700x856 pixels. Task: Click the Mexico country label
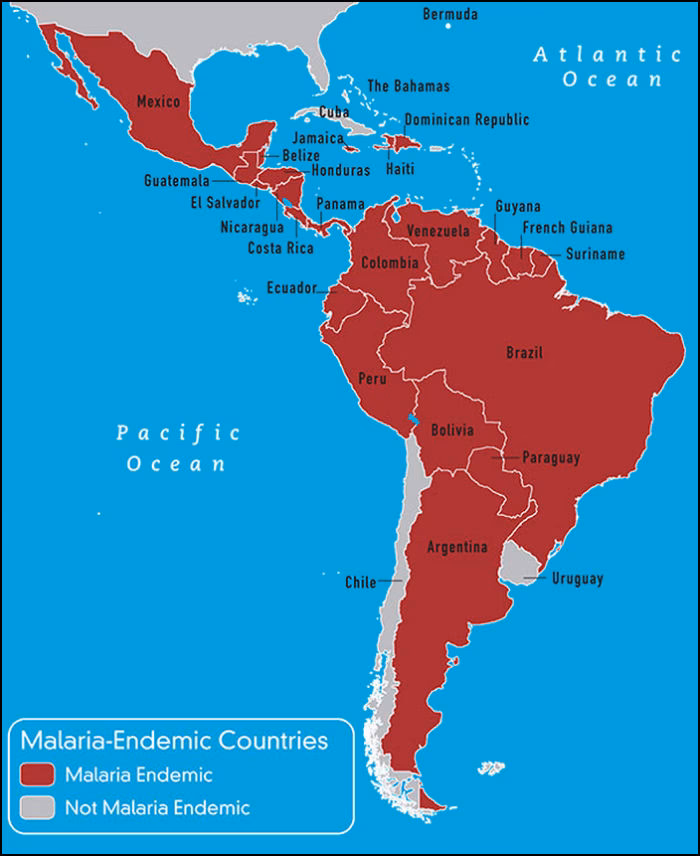[157, 102]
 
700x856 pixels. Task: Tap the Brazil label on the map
[524, 353]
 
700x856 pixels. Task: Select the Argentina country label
[457, 547]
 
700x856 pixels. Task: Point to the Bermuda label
[450, 14]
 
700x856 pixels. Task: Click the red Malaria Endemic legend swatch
[39, 774]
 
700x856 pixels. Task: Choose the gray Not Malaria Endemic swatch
[39, 807]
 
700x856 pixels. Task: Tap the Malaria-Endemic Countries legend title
[174, 741]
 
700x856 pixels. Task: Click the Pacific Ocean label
[177, 448]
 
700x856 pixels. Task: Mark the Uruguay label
[577, 579]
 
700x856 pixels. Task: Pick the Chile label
[360, 582]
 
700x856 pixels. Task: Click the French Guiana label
[567, 228]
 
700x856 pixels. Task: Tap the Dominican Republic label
[466, 120]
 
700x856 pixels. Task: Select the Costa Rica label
[280, 248]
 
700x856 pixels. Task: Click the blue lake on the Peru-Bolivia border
[411, 418]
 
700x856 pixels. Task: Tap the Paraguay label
[551, 458]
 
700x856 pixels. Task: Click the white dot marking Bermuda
[448, 27]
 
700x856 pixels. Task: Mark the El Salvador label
[225, 203]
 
